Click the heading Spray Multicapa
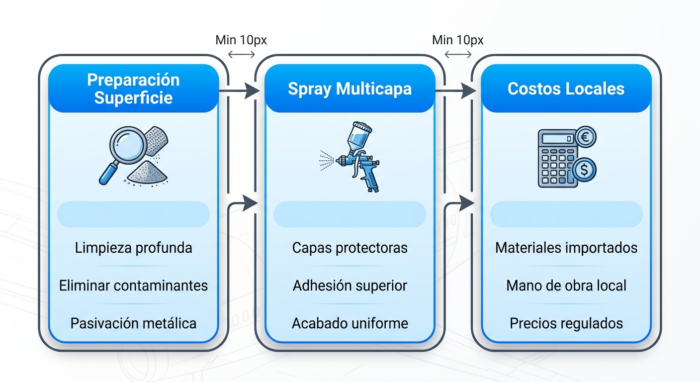coord(350,89)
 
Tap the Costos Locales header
coord(566,89)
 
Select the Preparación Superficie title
coord(133,89)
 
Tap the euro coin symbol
coord(585,137)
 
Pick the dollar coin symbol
coord(584,170)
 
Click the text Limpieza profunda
coord(133,248)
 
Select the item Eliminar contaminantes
coord(133,286)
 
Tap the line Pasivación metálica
coord(133,323)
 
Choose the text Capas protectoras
coord(350,248)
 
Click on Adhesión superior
coord(350,286)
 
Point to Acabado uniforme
coord(350,323)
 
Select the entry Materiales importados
coord(566,248)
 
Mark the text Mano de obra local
coord(566,286)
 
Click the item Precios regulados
coord(566,323)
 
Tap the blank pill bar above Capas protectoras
coord(350,214)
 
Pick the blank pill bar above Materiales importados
coord(566,214)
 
